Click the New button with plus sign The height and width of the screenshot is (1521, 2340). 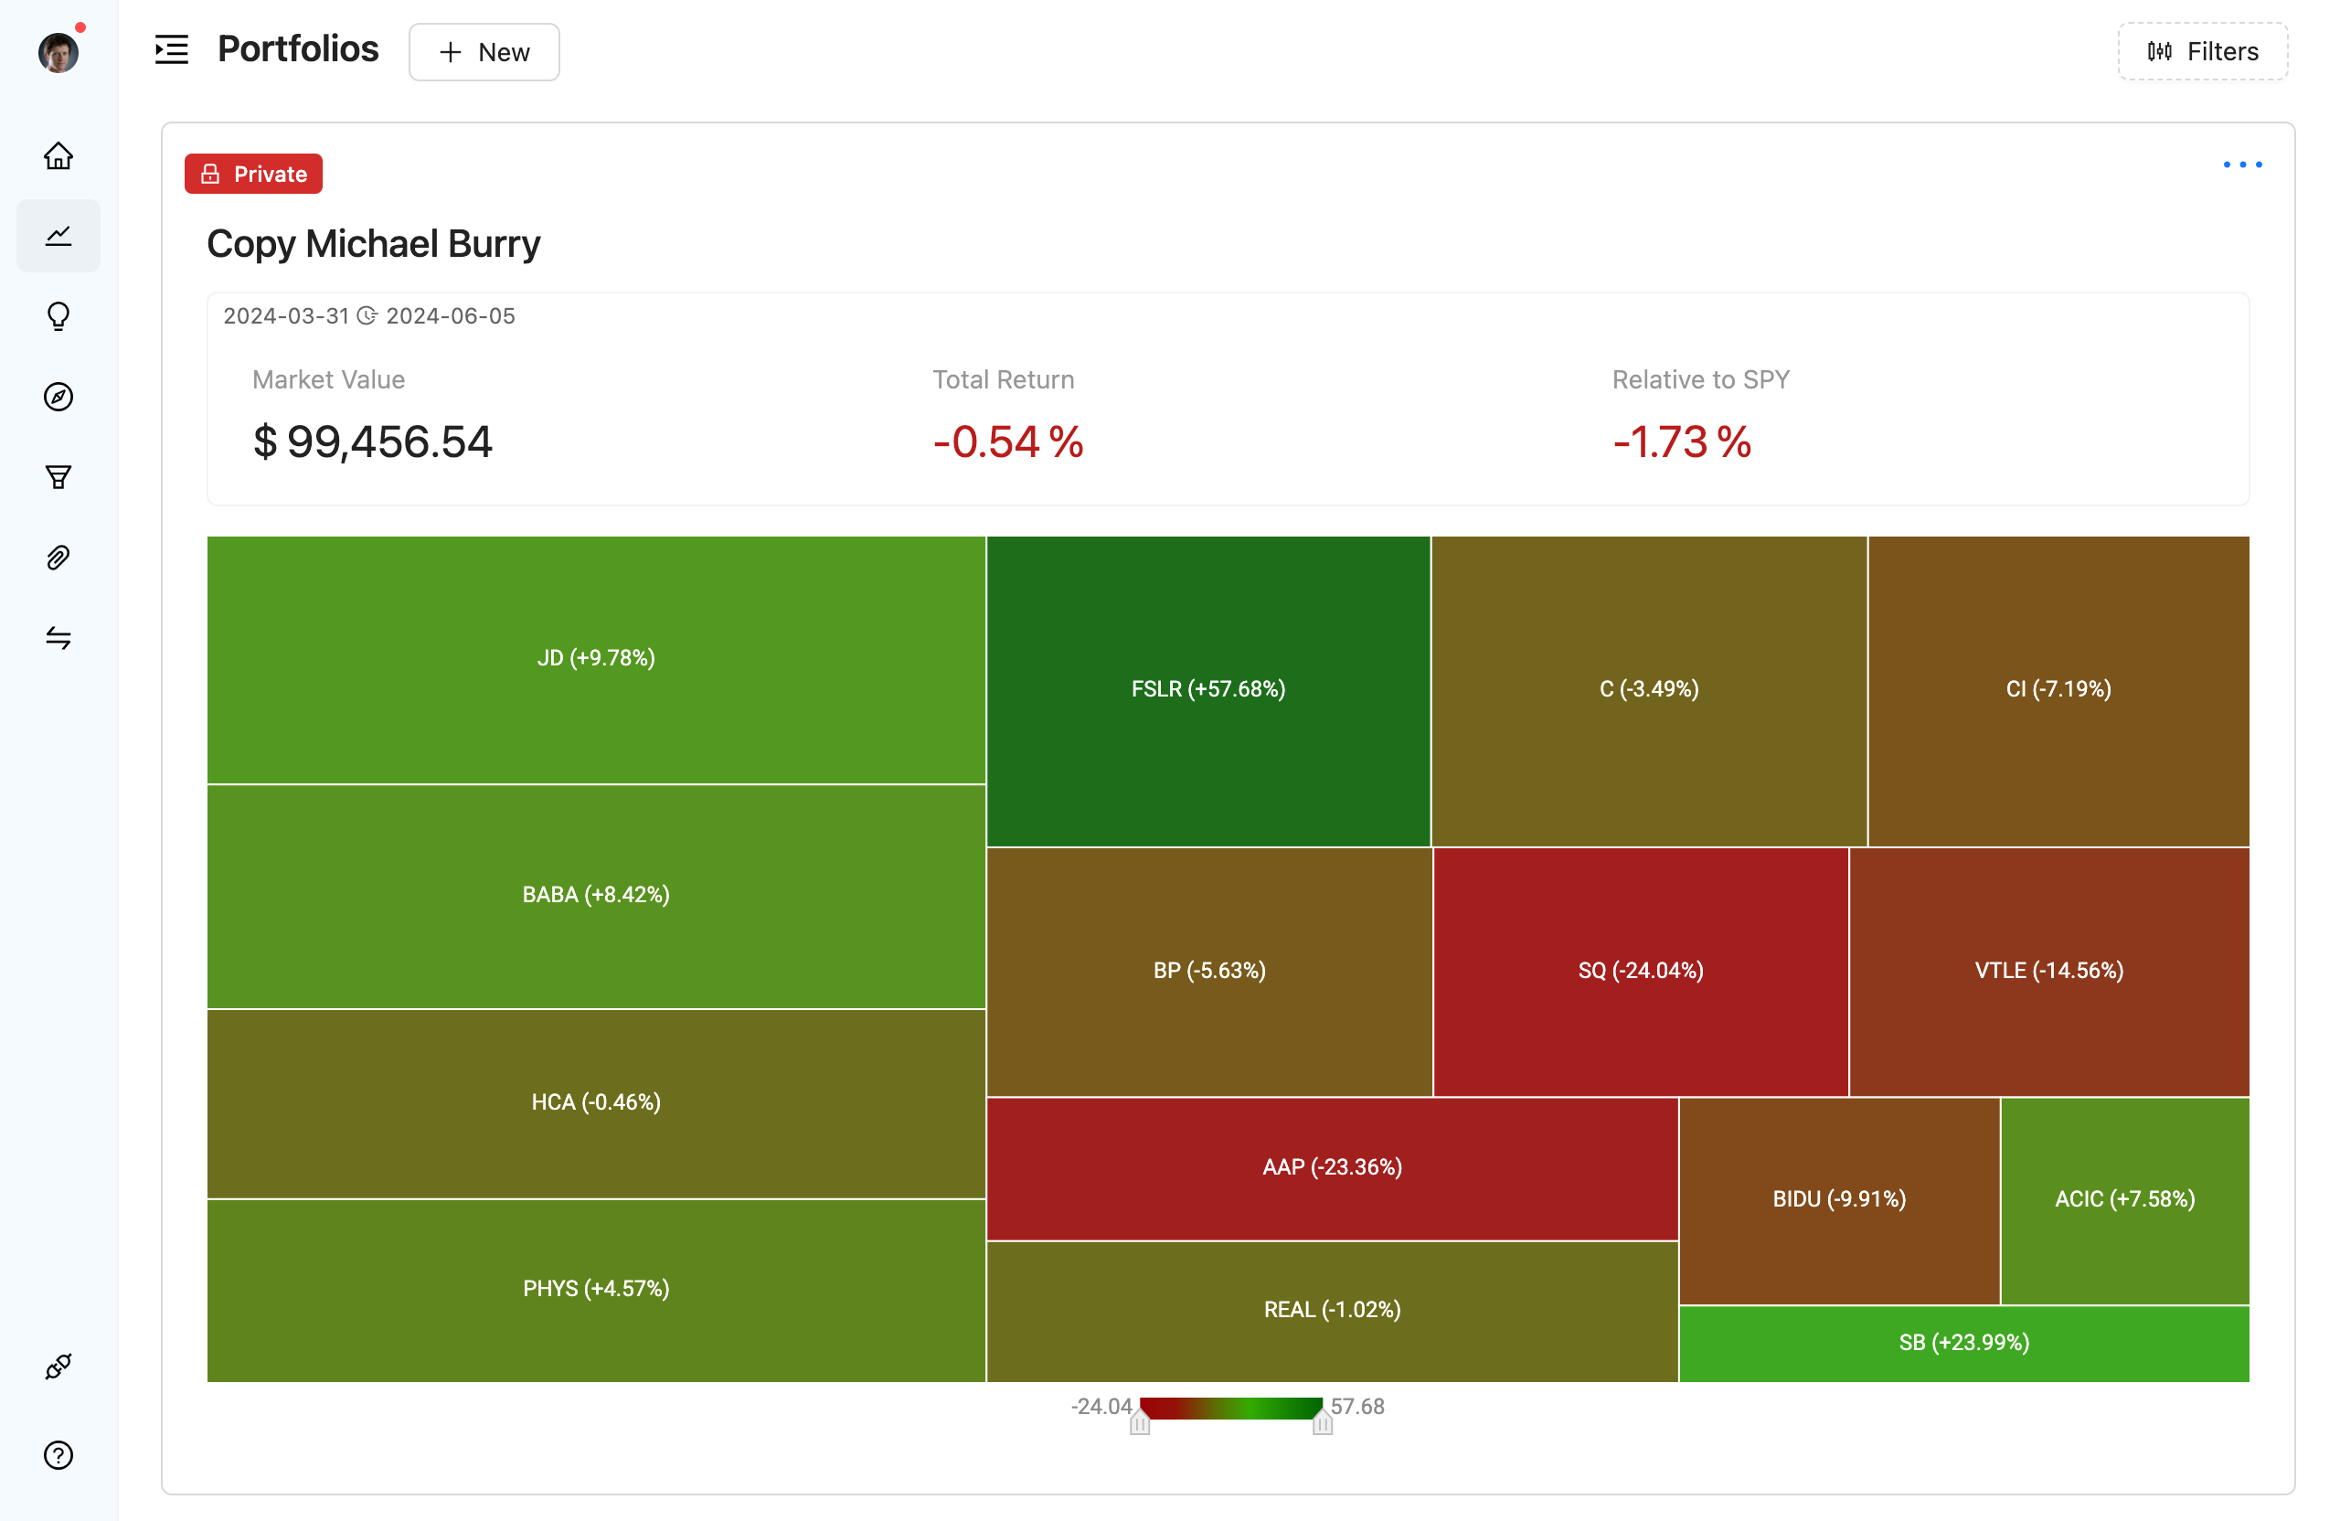tap(484, 52)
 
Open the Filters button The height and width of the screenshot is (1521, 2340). tap(2201, 51)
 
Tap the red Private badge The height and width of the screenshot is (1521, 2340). tap(254, 174)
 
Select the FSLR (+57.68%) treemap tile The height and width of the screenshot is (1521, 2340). tap(1207, 689)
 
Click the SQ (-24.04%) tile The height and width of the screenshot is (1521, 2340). tap(1640, 971)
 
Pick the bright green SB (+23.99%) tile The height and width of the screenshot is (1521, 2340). tap(1963, 1342)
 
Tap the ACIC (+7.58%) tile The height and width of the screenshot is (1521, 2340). tap(2123, 1198)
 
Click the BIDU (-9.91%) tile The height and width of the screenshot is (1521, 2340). tap(1838, 1198)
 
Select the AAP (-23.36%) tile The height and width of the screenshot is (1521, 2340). tap(1331, 1167)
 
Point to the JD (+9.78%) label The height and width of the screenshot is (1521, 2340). tap(596, 658)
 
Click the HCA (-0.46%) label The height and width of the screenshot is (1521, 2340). tap(596, 1102)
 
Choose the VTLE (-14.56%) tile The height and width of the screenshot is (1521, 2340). tap(2048, 971)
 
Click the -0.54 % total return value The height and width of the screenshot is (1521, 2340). tap(1008, 441)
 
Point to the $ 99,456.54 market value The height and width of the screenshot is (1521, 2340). tap(373, 441)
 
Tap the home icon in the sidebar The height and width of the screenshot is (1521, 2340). tap(59, 156)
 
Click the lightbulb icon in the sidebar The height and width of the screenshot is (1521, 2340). tap(59, 316)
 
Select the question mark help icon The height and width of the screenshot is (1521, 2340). tap(59, 1455)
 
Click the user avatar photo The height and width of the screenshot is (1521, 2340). tap(58, 52)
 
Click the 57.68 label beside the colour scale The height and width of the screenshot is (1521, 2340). tap(1356, 1407)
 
